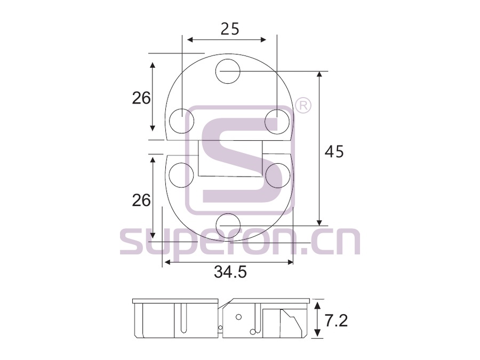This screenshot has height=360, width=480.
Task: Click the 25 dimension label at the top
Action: click(x=230, y=29)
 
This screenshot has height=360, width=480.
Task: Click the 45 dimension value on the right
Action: click(x=334, y=151)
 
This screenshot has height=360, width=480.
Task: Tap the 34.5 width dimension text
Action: click(x=230, y=271)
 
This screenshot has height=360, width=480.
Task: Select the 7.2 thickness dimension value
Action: click(x=336, y=321)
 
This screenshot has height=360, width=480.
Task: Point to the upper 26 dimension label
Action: click(x=141, y=98)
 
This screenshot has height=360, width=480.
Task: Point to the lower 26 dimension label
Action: click(x=141, y=201)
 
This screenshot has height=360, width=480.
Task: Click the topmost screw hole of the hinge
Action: click(x=227, y=71)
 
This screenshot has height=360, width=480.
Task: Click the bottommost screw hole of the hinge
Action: click(x=227, y=226)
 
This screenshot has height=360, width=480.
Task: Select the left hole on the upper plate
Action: click(x=181, y=121)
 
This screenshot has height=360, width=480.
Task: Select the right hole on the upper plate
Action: click(x=277, y=122)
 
